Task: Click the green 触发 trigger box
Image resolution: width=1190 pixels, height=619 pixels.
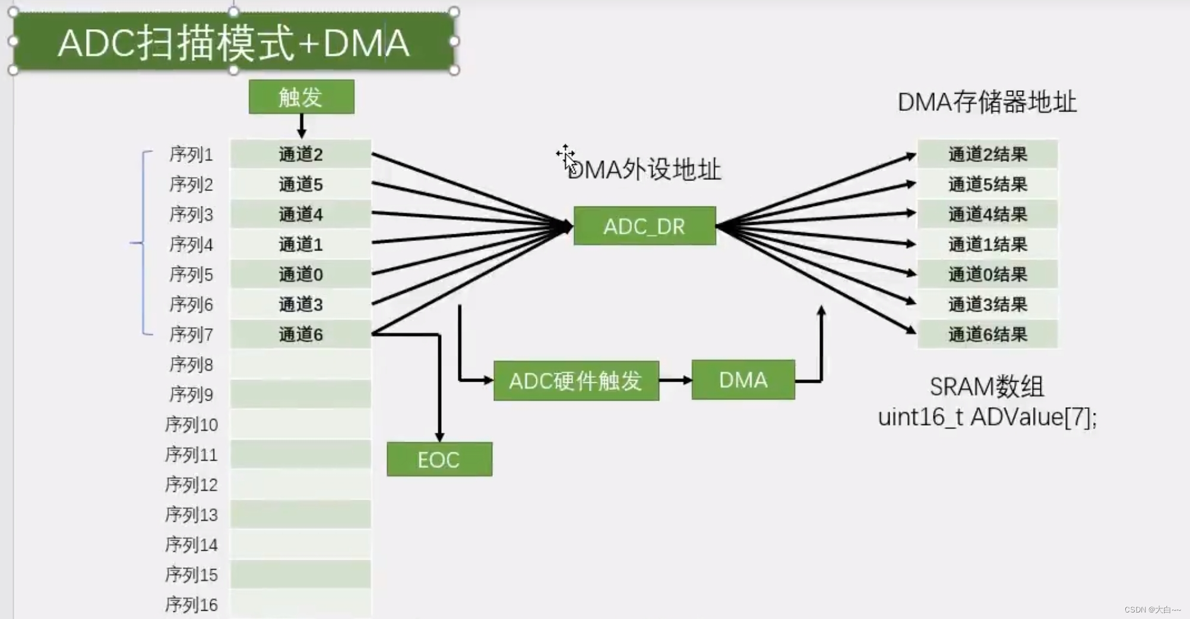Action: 301,97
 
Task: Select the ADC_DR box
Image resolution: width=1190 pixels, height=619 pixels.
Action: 644,226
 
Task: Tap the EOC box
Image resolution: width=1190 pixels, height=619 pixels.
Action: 439,459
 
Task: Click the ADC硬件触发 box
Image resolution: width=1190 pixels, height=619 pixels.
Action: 576,380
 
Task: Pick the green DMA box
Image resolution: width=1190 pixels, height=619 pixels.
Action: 743,380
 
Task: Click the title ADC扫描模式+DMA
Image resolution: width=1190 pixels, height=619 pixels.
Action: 233,43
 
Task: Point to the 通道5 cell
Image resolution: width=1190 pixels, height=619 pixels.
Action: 300,185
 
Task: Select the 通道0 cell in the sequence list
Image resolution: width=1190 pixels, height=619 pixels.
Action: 300,274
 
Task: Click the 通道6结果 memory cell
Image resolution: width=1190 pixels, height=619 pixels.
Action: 987,335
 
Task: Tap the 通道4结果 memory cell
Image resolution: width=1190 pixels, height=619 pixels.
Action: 987,214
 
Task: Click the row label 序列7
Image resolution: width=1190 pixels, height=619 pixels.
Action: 191,335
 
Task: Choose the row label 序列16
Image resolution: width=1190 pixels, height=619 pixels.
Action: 191,605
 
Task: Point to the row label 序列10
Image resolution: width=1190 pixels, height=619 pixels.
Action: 191,425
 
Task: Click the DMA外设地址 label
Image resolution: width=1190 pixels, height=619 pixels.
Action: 644,170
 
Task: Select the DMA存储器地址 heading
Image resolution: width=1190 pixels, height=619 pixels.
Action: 986,102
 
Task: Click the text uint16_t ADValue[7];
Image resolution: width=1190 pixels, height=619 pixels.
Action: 987,417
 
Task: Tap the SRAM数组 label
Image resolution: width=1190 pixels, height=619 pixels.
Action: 986,387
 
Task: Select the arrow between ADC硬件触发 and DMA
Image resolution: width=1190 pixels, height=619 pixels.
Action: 675,380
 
